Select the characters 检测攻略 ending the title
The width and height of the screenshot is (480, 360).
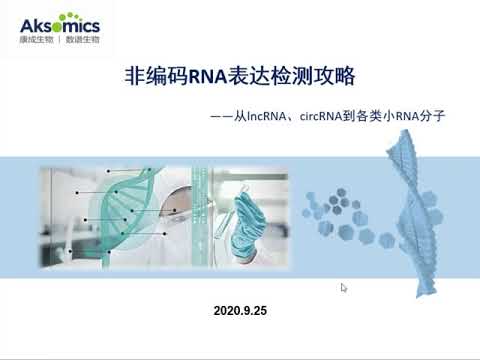click(323, 75)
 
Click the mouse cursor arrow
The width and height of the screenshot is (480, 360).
click(344, 288)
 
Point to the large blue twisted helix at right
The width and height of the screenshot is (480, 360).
click(415, 200)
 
